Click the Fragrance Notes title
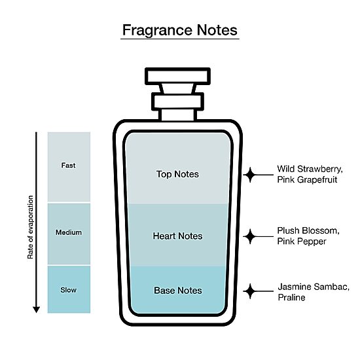pos(180,31)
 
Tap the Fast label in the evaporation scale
pos(69,166)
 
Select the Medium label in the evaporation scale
pos(69,232)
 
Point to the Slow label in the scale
pos(69,290)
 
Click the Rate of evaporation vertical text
pos(31,227)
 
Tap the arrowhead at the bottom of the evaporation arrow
pos(36,310)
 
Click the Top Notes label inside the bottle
pos(177,174)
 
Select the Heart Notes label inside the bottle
pos(177,236)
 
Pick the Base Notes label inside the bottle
pos(178,291)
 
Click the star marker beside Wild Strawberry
pos(250,175)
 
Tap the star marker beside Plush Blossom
pos(250,236)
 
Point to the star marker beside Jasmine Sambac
pos(250,291)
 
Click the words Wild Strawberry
pos(310,170)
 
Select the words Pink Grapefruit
pos(307,180)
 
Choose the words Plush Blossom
pos(308,230)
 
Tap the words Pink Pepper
pos(302,242)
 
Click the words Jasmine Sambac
pos(314,287)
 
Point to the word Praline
pos(291,298)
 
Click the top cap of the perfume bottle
pos(177,76)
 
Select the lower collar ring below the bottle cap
pos(177,101)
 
